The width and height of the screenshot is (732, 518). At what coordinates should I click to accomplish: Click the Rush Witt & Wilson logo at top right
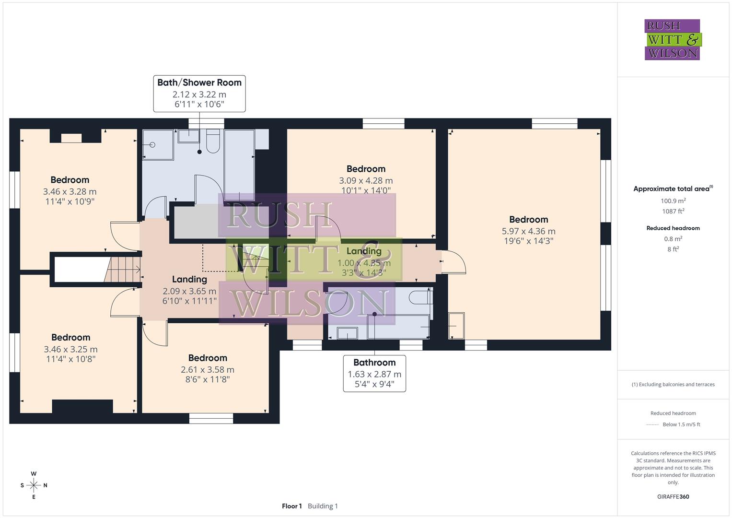(x=672, y=39)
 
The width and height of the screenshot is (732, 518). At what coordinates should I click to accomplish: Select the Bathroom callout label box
(x=374, y=373)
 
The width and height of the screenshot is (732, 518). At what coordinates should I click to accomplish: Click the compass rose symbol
(x=34, y=485)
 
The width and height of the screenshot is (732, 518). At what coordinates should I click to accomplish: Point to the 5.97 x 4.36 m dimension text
(x=528, y=231)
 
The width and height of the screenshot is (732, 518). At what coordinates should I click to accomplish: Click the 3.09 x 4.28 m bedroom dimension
(x=366, y=181)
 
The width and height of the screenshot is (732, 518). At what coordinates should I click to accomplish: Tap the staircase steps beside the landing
(x=122, y=270)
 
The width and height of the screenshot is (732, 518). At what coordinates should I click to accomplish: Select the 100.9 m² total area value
(x=673, y=201)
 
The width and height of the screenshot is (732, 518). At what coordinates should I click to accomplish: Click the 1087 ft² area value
(x=673, y=211)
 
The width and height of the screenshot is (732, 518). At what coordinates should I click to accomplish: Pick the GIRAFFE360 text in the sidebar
(x=673, y=496)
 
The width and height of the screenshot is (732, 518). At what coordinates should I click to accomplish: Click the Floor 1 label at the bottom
(x=291, y=506)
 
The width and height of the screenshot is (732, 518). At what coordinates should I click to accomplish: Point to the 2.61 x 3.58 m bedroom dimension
(x=207, y=370)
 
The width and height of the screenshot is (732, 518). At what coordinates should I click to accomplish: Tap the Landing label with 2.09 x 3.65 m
(x=189, y=279)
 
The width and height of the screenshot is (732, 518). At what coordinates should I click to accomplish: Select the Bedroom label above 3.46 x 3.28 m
(x=70, y=180)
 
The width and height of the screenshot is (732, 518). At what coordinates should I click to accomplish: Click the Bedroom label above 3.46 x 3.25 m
(x=70, y=337)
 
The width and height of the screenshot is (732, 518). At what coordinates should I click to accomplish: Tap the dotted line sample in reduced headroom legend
(x=652, y=424)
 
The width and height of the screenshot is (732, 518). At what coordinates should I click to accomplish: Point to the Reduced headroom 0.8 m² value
(x=673, y=239)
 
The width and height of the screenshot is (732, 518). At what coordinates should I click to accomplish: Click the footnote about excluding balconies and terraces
(x=673, y=384)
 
